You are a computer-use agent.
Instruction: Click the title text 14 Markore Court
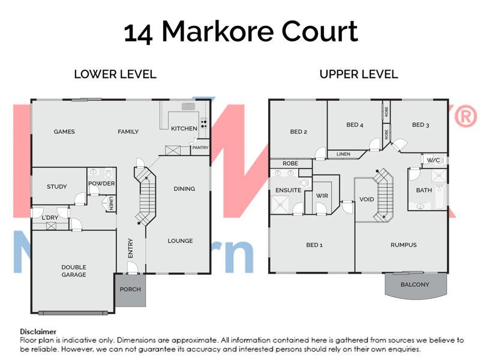[x=241, y=32]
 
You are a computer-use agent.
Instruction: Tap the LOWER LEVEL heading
[x=115, y=74]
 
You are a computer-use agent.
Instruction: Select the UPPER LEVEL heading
[x=358, y=74]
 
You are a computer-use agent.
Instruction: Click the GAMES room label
[x=64, y=131]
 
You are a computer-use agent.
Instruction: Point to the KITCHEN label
[x=184, y=128]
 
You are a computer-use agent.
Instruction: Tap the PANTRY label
[x=200, y=147]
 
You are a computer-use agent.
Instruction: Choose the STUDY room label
[x=57, y=187]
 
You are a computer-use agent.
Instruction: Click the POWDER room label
[x=101, y=184]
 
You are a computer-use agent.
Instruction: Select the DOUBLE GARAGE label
[x=74, y=271]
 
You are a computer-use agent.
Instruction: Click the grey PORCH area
[x=130, y=290]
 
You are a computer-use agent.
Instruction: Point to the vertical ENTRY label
[x=131, y=248]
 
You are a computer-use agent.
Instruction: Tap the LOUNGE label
[x=180, y=241]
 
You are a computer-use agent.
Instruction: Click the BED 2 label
[x=298, y=132]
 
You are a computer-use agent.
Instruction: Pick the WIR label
[x=322, y=195]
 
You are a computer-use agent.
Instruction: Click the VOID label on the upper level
[x=366, y=199]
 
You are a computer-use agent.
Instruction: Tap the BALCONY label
[x=415, y=284]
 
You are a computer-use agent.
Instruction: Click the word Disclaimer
[x=38, y=331]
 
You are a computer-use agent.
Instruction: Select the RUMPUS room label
[x=403, y=245]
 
